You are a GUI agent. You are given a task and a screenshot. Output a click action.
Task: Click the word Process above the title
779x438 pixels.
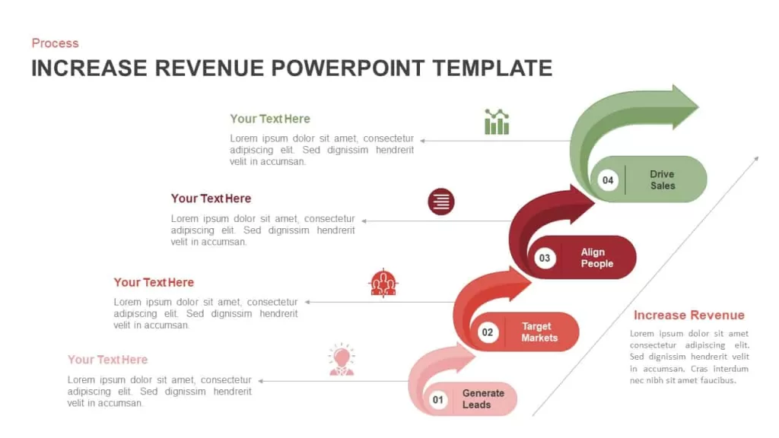(x=55, y=43)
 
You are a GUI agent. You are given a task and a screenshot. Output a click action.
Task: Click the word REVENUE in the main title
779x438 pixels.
(x=209, y=68)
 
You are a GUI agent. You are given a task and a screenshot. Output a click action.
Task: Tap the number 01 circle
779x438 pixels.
(x=437, y=400)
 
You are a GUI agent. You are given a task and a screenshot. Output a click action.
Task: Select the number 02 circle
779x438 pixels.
(x=488, y=332)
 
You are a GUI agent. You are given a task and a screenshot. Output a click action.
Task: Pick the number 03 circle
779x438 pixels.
(x=545, y=259)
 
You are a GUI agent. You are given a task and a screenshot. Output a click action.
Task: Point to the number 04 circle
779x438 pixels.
(x=608, y=180)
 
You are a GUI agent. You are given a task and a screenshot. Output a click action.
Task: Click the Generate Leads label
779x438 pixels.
(x=483, y=398)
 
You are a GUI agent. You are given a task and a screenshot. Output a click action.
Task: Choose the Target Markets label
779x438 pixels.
(x=539, y=332)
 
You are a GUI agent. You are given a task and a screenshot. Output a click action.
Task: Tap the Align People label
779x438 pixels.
(x=596, y=258)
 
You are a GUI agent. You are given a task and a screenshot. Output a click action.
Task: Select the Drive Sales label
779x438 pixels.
(x=663, y=179)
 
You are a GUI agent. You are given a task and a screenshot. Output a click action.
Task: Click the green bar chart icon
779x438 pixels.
(x=497, y=122)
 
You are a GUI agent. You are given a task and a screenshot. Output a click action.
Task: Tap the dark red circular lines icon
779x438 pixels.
(x=441, y=202)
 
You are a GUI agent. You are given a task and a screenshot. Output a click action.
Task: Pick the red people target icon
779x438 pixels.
(x=383, y=283)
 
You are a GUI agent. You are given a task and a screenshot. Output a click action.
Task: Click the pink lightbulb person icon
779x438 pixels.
(x=342, y=360)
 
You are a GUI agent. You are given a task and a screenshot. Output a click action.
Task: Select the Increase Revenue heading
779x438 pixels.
(x=689, y=315)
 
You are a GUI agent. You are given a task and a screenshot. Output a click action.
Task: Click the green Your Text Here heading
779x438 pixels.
(x=270, y=119)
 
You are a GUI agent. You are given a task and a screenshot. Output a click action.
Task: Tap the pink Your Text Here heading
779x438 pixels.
(x=107, y=360)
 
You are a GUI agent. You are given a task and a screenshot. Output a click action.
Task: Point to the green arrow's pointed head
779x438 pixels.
(x=698, y=106)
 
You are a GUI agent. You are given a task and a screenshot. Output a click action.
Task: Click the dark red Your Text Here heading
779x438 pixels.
(x=211, y=198)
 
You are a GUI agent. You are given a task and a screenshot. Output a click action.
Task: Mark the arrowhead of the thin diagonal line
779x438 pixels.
(x=758, y=157)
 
